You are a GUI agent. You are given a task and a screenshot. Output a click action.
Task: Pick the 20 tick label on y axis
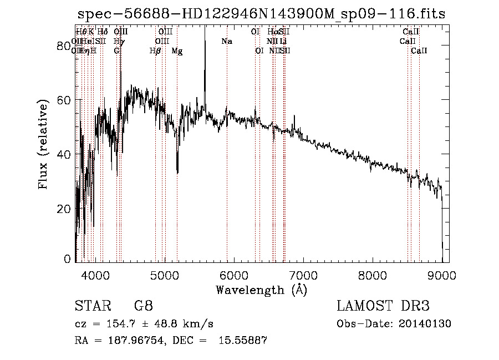pos(65,209)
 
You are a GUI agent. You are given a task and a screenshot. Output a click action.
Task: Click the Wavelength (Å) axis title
pos(261,290)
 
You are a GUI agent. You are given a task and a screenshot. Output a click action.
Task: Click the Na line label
pos(226,42)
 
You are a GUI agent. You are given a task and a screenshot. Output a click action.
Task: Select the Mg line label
pos(177,51)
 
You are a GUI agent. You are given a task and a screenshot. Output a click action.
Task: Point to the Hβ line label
pos(155,51)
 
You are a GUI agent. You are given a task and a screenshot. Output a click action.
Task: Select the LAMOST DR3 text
pos(383,306)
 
